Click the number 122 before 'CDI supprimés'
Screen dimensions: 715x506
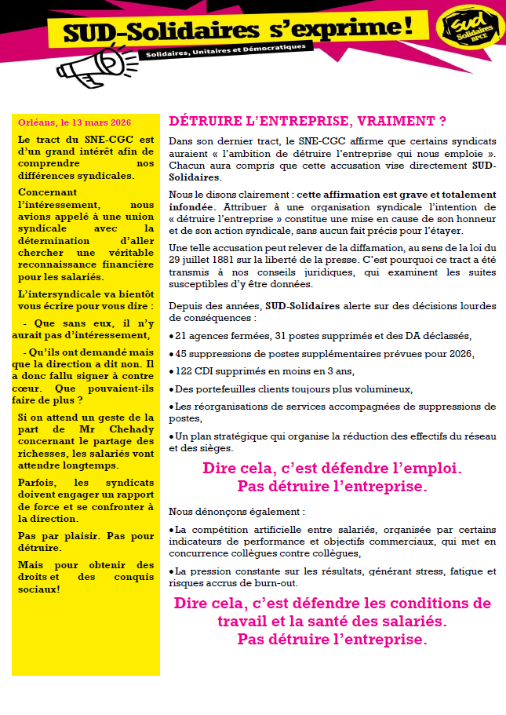[x=185, y=371]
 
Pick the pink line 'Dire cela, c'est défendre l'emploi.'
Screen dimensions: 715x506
[x=332, y=469]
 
